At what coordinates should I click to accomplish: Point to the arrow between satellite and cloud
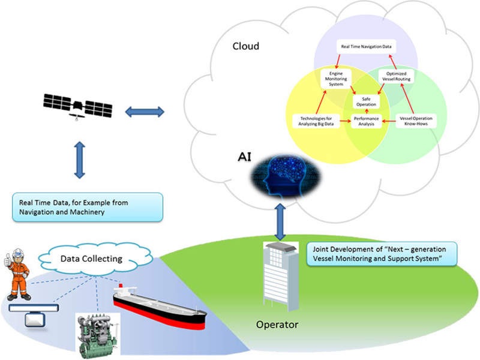tap(144, 111)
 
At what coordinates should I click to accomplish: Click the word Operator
tap(277, 325)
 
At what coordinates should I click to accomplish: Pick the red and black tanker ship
tap(158, 307)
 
